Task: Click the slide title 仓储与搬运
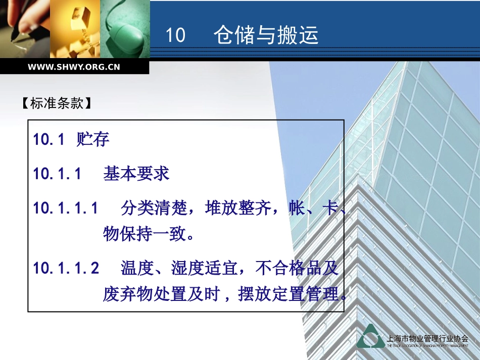point(266,35)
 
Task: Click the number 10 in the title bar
point(176,36)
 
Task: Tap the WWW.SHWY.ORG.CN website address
point(74,67)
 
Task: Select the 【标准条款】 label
point(57,104)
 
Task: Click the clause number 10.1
point(49,140)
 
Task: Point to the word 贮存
point(93,139)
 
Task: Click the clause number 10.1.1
point(58,174)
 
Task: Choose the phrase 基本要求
point(136,174)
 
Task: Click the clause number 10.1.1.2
point(66,268)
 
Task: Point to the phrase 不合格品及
point(297,268)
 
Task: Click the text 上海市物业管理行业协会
point(427,338)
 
